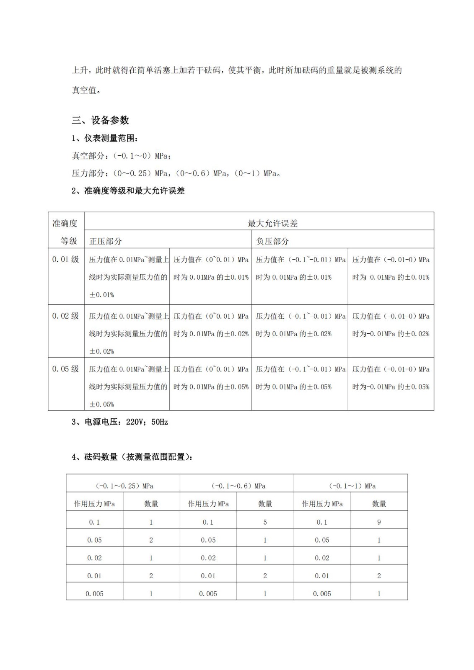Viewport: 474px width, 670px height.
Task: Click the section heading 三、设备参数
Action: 100,120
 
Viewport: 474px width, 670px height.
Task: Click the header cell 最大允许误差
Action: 272,223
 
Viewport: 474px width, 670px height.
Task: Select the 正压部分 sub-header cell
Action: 106,241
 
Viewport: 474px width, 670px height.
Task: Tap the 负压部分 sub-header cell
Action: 272,241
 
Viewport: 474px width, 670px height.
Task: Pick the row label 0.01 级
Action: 65,259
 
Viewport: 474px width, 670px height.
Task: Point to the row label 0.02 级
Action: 65,316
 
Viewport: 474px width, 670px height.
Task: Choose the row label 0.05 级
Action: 65,369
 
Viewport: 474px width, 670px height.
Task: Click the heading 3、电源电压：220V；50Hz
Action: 119,422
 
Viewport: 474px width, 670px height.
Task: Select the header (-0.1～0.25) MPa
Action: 124,486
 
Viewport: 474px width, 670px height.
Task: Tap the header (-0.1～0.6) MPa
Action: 238,486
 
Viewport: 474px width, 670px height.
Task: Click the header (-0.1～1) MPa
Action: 352,486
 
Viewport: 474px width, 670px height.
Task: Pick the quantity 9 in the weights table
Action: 379,522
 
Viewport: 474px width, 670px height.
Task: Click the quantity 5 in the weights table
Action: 265,522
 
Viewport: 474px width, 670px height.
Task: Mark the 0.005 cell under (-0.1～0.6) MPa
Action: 208,594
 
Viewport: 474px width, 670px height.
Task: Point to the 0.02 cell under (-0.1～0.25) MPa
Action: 94,558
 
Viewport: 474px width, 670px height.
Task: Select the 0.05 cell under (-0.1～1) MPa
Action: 322,540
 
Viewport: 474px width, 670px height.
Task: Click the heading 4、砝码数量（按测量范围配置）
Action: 132,457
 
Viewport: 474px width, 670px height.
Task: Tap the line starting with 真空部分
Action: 121,156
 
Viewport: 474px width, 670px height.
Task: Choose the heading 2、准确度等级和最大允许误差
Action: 128,191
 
